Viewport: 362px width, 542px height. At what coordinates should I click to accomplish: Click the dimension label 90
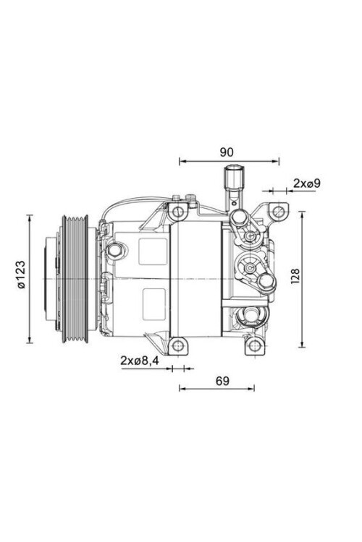pyautogui.click(x=227, y=152)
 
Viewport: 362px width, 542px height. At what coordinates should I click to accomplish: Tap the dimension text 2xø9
pyautogui.click(x=306, y=184)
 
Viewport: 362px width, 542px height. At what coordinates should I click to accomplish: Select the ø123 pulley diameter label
pyautogui.click(x=21, y=274)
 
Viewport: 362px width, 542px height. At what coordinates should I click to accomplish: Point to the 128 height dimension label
pyautogui.click(x=295, y=276)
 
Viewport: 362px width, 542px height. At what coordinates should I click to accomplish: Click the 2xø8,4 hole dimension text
pyautogui.click(x=139, y=361)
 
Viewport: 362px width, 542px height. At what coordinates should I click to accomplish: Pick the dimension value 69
pyautogui.click(x=222, y=381)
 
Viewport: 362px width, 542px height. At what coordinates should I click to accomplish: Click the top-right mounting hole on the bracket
pyautogui.click(x=278, y=211)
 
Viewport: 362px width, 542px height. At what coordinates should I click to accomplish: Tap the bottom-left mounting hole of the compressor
pyautogui.click(x=177, y=345)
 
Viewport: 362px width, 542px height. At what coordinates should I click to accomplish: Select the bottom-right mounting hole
pyautogui.click(x=255, y=345)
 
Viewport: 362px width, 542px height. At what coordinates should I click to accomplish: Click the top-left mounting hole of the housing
pyautogui.click(x=177, y=211)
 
